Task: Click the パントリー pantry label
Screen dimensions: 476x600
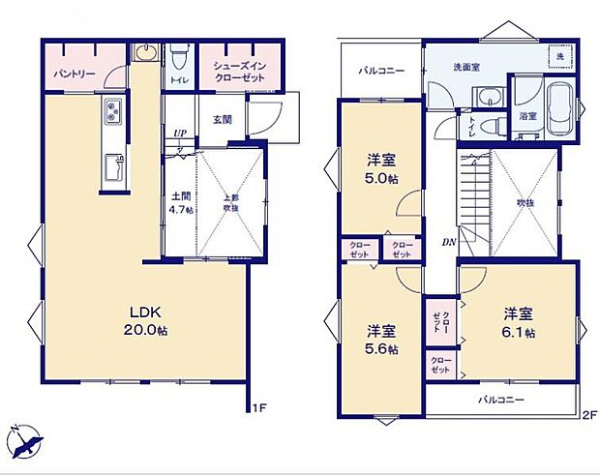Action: pyautogui.click(x=72, y=74)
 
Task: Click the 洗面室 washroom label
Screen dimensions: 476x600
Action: pyautogui.click(x=468, y=67)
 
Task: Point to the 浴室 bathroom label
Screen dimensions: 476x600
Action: pyautogui.click(x=527, y=116)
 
